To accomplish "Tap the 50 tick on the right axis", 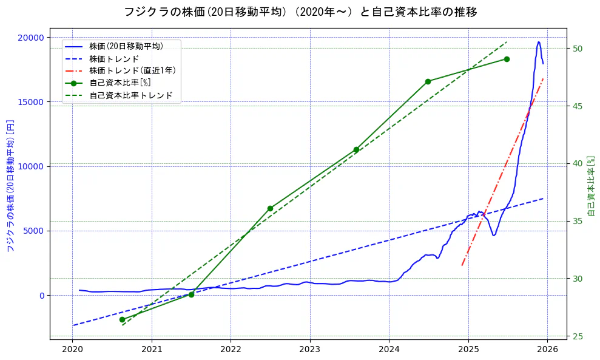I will pyautogui.click(x=578, y=49).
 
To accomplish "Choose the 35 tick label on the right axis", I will pyautogui.click(x=578, y=221).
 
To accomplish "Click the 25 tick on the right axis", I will pyautogui.click(x=578, y=336).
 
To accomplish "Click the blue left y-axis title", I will pyautogui.click(x=10, y=185).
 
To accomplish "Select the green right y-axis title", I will pyautogui.click(x=592, y=185).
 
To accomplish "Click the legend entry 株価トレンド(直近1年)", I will pyautogui.click(x=132, y=70).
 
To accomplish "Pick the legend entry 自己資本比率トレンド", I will pyautogui.click(x=131, y=95).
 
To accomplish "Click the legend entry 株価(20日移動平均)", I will pyautogui.click(x=126, y=46).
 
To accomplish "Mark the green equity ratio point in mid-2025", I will pyautogui.click(x=507, y=59).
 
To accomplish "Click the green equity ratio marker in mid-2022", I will pyautogui.click(x=270, y=208).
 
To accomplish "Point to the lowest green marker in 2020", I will pyautogui.click(x=122, y=319).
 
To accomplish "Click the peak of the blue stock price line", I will pyautogui.click(x=539, y=42).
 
